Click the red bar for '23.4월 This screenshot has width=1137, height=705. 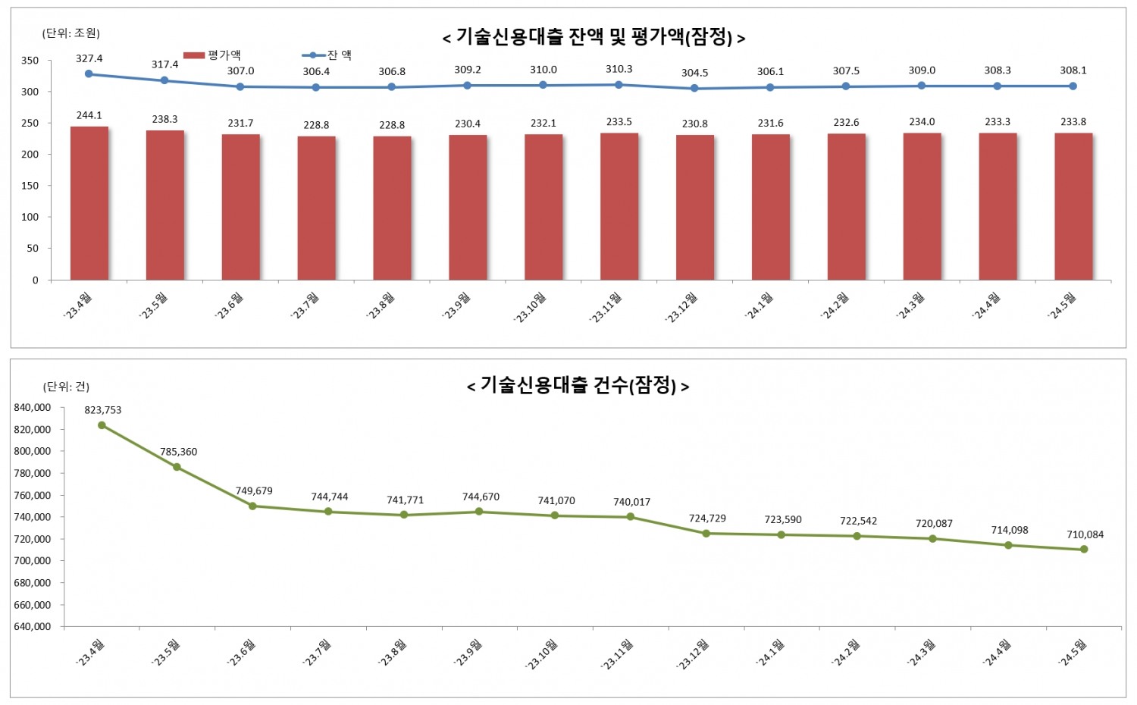pyautogui.click(x=89, y=203)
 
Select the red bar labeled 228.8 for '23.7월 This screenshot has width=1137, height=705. pyautogui.click(x=316, y=208)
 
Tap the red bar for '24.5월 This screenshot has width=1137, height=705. pyautogui.click(x=1073, y=206)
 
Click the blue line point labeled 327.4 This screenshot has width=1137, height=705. pyautogui.click(x=89, y=74)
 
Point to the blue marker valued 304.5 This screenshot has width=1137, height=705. pyautogui.click(x=694, y=89)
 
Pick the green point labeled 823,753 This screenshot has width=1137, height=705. pyautogui.click(x=102, y=425)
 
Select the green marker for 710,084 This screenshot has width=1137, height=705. pyautogui.click(x=1084, y=550)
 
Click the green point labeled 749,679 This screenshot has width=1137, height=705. pyautogui.click(x=252, y=506)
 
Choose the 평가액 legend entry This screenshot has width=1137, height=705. pyautogui.click(x=212, y=55)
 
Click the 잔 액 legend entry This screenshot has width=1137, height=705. pyautogui.click(x=327, y=55)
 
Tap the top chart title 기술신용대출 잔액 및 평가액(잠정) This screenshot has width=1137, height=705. pyautogui.click(x=594, y=37)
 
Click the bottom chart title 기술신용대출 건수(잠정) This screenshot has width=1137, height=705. pyautogui.click(x=578, y=386)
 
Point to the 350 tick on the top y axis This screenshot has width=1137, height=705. pyautogui.click(x=30, y=61)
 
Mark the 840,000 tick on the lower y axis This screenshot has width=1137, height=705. pyautogui.click(x=33, y=408)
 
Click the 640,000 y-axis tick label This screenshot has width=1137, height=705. pyautogui.click(x=33, y=627)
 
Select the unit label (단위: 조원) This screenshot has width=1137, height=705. pyautogui.click(x=71, y=33)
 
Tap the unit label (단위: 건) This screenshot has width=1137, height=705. pyautogui.click(x=66, y=387)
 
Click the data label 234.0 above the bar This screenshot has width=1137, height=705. pyautogui.click(x=922, y=122)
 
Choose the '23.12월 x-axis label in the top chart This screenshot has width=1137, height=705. pyautogui.click(x=682, y=308)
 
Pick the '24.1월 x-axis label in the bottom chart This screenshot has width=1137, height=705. pyautogui.click(x=770, y=653)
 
